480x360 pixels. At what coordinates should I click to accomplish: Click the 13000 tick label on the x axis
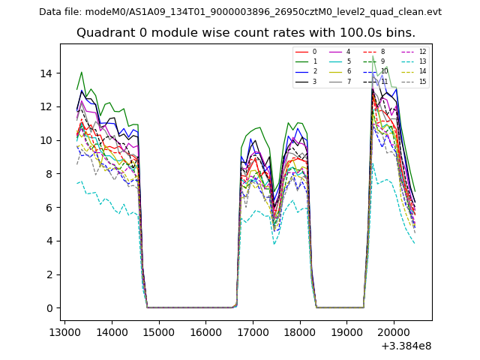tap(64, 331)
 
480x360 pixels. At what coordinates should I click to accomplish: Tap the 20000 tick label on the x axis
tap(394, 331)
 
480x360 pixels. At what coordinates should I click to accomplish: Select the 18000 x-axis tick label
tap(301, 331)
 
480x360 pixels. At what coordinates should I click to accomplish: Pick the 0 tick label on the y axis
tap(49, 308)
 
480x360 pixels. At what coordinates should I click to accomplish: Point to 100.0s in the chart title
tap(348, 33)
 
